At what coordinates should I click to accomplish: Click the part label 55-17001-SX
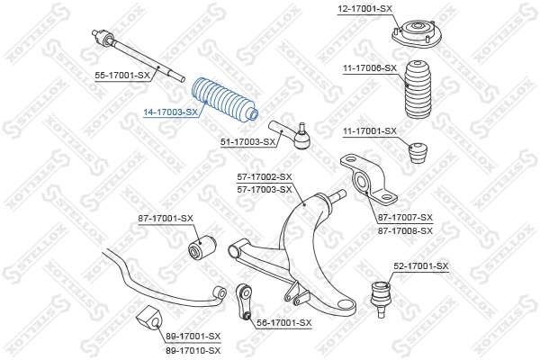(x=122, y=76)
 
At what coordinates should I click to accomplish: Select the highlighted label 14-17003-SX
(x=170, y=112)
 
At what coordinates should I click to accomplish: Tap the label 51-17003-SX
(x=247, y=141)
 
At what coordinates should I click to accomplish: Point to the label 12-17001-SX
(x=365, y=8)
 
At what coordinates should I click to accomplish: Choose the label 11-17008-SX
(x=369, y=67)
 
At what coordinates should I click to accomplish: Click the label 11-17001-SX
(x=369, y=131)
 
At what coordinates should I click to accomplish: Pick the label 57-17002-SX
(x=265, y=177)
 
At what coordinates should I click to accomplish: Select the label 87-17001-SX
(x=166, y=219)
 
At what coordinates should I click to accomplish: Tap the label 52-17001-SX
(x=420, y=266)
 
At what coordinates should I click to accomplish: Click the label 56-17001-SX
(x=283, y=322)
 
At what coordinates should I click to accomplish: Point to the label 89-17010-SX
(x=193, y=348)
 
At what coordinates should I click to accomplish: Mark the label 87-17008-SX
(x=405, y=230)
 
